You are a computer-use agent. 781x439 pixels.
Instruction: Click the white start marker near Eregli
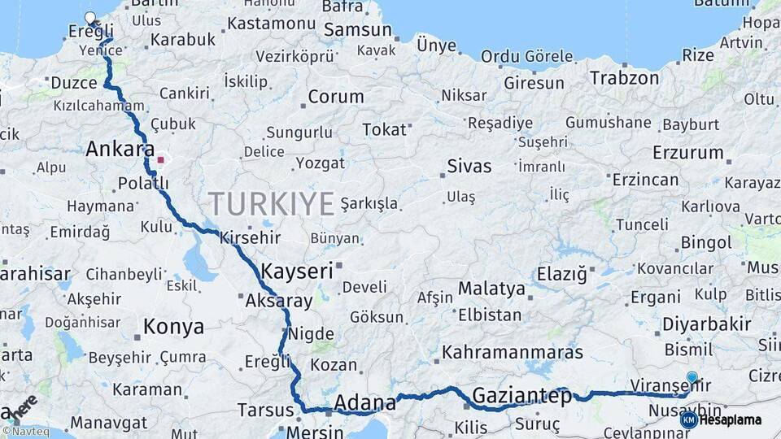click(x=89, y=16)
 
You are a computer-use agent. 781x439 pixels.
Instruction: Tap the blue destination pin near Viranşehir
click(x=692, y=377)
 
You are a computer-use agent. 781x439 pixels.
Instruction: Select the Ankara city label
click(x=120, y=150)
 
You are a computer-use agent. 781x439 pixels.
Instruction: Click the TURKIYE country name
click(x=272, y=203)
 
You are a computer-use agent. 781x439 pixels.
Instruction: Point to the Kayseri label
click(x=297, y=271)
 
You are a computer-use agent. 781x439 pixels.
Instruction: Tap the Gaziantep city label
click(x=521, y=397)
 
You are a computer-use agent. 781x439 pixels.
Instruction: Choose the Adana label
click(x=365, y=402)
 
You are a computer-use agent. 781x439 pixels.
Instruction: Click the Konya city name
click(x=173, y=327)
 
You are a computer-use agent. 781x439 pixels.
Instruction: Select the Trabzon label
click(x=624, y=78)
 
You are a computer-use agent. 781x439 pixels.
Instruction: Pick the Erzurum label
click(x=687, y=152)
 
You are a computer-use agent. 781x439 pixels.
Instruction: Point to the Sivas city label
click(x=469, y=167)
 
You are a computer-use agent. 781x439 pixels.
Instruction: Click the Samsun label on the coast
click(x=358, y=30)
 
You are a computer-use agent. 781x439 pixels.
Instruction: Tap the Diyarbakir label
click(x=706, y=324)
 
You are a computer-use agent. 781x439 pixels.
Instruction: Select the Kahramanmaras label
click(x=513, y=353)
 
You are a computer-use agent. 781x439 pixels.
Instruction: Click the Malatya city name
click(x=491, y=289)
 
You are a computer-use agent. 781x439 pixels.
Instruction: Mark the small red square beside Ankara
click(x=160, y=159)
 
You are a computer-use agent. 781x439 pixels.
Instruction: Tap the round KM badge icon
click(x=688, y=420)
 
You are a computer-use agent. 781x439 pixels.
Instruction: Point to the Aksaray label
click(x=278, y=301)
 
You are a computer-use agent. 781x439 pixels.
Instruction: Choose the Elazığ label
click(x=561, y=274)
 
